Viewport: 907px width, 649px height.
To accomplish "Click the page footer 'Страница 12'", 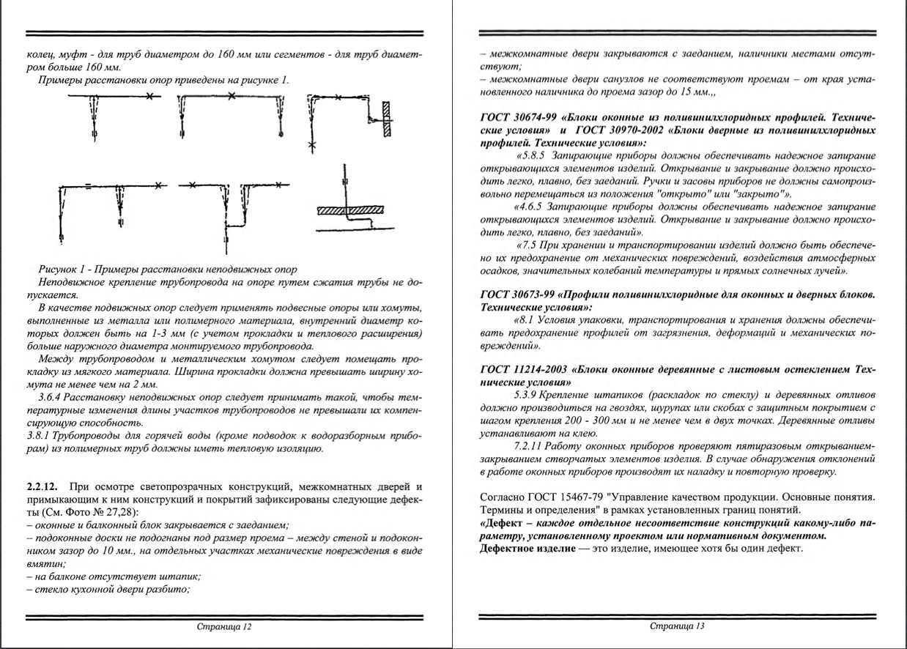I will (224, 627).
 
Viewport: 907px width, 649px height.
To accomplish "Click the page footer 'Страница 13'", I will (678, 627).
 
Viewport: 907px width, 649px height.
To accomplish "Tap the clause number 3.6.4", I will (54, 396).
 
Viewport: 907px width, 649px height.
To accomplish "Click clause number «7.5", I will (530, 245).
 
